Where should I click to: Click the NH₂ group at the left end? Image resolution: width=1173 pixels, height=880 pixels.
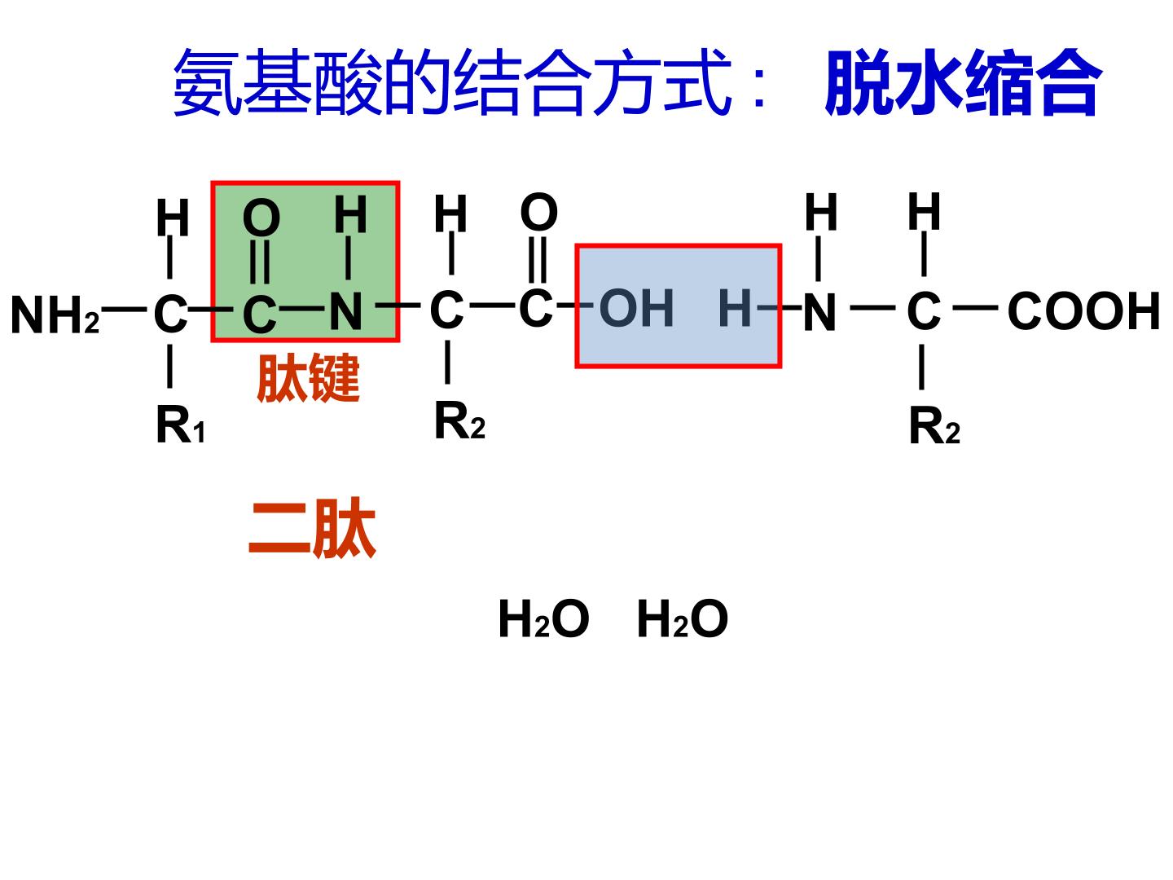55,315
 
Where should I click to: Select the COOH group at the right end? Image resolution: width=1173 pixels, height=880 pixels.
1083,310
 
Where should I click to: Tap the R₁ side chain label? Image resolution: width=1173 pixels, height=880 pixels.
180,425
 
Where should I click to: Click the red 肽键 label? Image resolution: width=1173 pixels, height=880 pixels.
309,377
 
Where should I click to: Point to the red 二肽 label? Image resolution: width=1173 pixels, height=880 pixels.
312,527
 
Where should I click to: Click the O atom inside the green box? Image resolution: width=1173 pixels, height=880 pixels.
261,218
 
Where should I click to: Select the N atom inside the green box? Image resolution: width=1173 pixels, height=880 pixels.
345,311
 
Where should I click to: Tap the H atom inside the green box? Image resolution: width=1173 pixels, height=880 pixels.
350,214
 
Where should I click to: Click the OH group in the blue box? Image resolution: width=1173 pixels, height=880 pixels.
636,308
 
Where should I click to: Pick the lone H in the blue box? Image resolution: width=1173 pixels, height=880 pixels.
736,308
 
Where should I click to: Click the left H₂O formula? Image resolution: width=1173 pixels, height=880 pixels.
543,618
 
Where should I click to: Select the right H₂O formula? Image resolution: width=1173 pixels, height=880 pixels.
683,618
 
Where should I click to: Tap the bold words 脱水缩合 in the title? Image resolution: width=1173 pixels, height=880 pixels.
963,83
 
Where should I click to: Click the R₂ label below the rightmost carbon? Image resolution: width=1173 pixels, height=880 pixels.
934,426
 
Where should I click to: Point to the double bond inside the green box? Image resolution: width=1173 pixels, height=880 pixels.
260,262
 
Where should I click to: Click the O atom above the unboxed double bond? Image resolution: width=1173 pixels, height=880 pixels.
538,212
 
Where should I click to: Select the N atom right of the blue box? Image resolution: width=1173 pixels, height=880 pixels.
819,311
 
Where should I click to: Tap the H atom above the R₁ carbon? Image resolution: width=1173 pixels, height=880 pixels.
173,218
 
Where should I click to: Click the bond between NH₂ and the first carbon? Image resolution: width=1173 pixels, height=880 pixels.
124,309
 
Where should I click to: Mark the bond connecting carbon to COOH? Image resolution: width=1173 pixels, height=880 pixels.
975,307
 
